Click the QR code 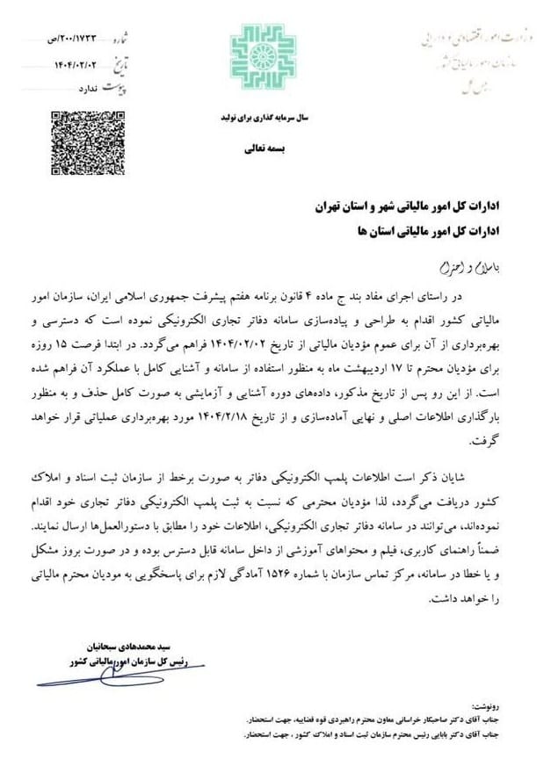coord(83,136)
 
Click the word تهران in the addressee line coord(329,208)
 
